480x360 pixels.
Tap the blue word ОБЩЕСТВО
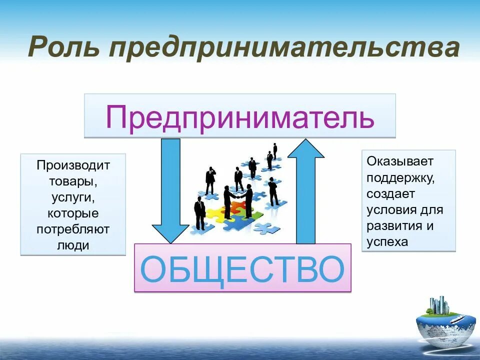pos(242,268)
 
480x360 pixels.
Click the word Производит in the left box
pos(73,165)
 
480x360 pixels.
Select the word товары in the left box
pos(72,181)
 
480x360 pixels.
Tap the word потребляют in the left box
pos(73,229)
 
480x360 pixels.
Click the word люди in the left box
pos(73,245)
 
